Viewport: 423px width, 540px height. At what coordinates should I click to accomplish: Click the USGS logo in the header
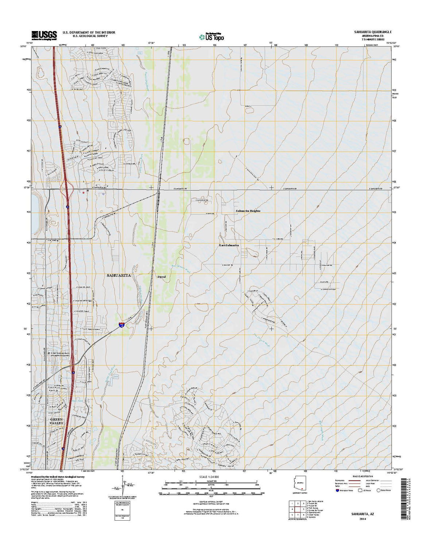point(44,35)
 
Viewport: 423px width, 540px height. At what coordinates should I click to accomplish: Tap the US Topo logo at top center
point(211,37)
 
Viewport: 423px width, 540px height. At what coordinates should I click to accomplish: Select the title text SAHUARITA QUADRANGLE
point(373,32)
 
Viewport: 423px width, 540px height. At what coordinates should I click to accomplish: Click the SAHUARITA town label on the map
point(119,275)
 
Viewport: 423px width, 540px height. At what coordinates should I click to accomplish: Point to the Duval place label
point(161,277)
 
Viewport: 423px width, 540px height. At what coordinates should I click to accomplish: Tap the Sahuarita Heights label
point(248,211)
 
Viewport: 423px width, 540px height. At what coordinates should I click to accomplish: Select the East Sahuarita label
point(229,245)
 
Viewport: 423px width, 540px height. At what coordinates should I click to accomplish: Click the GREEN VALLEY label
point(57,421)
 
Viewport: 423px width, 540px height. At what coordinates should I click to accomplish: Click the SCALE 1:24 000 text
point(209,477)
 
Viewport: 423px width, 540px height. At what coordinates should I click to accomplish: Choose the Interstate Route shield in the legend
point(337,490)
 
